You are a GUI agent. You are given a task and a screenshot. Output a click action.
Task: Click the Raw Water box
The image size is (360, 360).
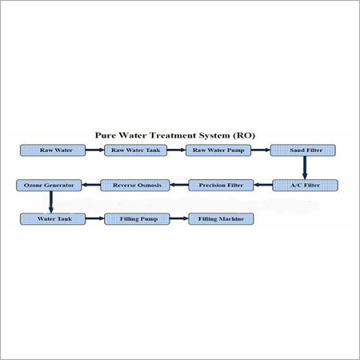coord(50,150)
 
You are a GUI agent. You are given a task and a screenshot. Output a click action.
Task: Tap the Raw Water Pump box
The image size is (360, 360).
coord(218,150)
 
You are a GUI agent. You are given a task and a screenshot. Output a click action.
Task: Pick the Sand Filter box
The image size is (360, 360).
coord(303,150)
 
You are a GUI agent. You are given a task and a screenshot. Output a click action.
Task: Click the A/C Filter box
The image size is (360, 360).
coord(305,186)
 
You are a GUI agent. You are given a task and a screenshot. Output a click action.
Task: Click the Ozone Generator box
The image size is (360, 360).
coord(49,186)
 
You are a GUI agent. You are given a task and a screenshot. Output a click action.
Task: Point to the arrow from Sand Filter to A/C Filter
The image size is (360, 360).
coord(304,167)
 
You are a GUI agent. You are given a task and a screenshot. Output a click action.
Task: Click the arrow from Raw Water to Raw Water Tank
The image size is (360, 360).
coord(93,150)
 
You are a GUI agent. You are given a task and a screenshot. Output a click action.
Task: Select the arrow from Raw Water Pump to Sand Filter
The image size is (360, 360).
coord(261,150)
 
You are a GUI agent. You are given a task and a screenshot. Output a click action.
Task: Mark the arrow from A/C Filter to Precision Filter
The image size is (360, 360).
coord(263,186)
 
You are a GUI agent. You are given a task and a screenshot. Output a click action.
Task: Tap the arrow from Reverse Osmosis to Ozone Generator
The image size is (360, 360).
coord(91,186)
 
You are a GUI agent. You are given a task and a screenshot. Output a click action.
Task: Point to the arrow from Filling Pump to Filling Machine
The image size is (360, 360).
coord(178,218)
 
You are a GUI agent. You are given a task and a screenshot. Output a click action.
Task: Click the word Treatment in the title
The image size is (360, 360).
coord(179,137)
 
